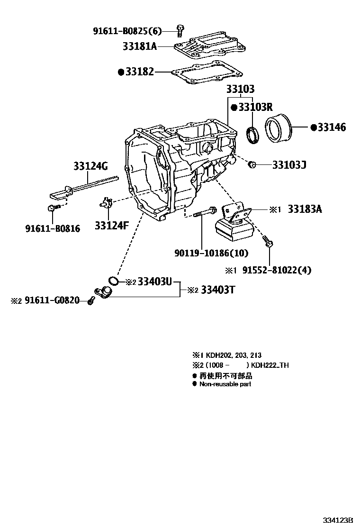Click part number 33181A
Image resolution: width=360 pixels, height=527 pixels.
click(x=140, y=46)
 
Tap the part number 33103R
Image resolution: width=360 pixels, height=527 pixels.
click(x=255, y=107)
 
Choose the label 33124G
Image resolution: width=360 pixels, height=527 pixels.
click(x=90, y=166)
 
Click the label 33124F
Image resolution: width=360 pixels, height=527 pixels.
click(x=111, y=226)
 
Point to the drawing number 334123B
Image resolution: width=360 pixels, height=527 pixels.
click(x=338, y=520)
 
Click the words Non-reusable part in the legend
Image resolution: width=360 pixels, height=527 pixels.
click(x=225, y=384)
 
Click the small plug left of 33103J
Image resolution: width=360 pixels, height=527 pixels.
click(x=252, y=164)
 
